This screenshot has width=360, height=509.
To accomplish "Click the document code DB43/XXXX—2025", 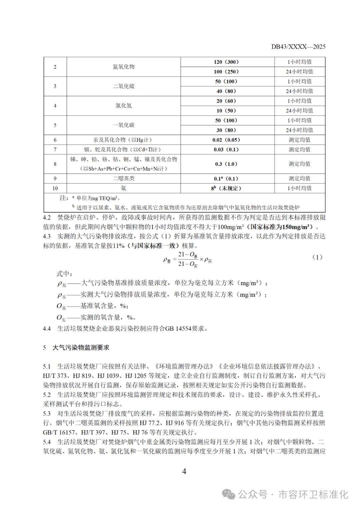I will tap(298, 47).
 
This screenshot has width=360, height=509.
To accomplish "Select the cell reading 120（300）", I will tap(226, 62).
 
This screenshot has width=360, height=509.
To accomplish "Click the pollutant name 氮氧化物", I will tap(124, 67).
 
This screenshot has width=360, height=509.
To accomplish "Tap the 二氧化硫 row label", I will tap(124, 86).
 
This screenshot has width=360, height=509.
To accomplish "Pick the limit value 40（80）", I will tap(226, 91).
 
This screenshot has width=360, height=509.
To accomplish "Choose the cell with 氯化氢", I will tap(124, 106).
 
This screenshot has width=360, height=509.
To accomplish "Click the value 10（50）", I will tap(226, 111).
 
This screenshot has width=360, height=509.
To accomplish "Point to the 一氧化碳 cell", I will tap(124, 125).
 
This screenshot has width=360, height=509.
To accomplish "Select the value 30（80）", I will tap(226, 130).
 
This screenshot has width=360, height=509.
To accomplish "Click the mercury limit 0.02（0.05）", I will tap(226, 140).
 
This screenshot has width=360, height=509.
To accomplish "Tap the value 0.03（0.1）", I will tap(226, 150).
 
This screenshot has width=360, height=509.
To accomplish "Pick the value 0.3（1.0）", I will tap(226, 164).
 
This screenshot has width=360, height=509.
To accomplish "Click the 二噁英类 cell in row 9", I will tap(124, 179).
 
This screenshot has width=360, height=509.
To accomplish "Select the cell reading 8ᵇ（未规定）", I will tap(226, 188).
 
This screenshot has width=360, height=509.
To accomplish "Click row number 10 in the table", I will tap(55, 188).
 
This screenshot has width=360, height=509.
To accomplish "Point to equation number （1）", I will tap(317, 257).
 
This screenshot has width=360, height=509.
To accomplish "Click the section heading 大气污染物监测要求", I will tap(81, 348).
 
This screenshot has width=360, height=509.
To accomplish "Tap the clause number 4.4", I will tap(47, 329).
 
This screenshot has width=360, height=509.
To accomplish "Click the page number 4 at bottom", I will tap(184, 471).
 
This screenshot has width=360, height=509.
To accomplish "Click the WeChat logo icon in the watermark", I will tap(229, 494).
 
